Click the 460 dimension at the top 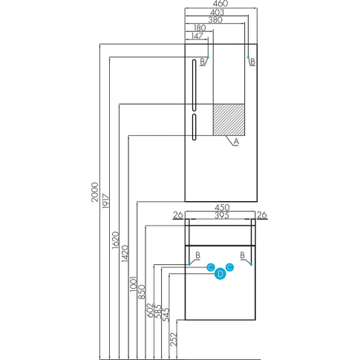[x=220, y=4]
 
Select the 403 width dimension [x=217, y=12]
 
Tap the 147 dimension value [x=197, y=36]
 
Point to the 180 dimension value [x=200, y=27]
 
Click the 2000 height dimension [x=95, y=192]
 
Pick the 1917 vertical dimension [x=105, y=201]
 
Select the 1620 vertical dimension [x=115, y=240]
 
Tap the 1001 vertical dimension [x=134, y=284]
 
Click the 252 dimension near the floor [x=174, y=339]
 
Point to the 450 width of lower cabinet [x=222, y=207]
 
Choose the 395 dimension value [x=222, y=215]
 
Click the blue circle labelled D [x=220, y=274]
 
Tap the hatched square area [x=229, y=120]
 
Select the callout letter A [x=236, y=142]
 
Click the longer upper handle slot [x=194, y=85]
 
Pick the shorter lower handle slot [x=194, y=127]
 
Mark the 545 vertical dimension [x=166, y=315]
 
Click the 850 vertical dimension [x=142, y=292]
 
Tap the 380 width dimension [x=215, y=20]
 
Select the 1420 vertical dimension [x=125, y=253]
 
